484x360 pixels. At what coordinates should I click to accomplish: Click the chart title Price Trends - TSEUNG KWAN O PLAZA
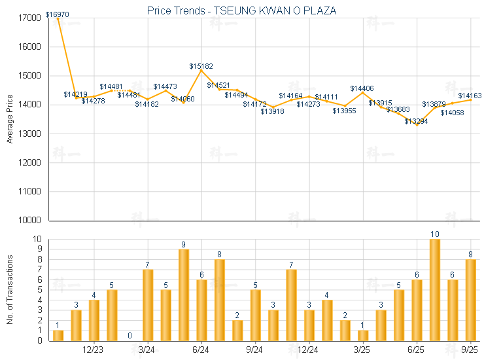pyautogui.click(x=242, y=11)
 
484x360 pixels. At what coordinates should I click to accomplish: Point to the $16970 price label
pyautogui.click(x=58, y=14)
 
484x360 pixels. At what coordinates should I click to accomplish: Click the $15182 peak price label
pyautogui.click(x=201, y=66)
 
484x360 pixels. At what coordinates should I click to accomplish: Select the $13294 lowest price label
pyautogui.click(x=416, y=122)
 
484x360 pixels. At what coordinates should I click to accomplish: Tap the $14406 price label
pyautogui.click(x=362, y=88)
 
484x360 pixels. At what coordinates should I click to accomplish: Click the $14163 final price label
pyautogui.click(x=470, y=96)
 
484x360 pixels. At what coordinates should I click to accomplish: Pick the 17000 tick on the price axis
pyautogui.click(x=31, y=18)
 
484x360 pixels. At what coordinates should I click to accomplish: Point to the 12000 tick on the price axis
pyautogui.click(x=31, y=162)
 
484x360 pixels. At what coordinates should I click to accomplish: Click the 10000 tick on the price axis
pyautogui.click(x=31, y=220)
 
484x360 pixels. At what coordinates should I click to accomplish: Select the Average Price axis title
pyautogui.click(x=10, y=119)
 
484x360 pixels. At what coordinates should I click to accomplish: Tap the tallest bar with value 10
pyautogui.click(x=434, y=290)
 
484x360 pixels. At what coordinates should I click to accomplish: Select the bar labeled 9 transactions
pyautogui.click(x=184, y=295)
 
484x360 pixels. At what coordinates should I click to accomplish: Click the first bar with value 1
pyautogui.click(x=58, y=335)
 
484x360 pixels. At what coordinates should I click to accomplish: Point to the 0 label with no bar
pyautogui.click(x=130, y=336)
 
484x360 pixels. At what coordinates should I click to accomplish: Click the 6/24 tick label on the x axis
pyautogui.click(x=201, y=350)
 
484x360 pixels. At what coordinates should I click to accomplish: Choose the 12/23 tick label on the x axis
pyautogui.click(x=94, y=350)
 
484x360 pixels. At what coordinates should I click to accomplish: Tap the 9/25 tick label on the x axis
pyautogui.click(x=470, y=350)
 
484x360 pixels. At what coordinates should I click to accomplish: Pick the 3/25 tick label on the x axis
pyautogui.click(x=362, y=350)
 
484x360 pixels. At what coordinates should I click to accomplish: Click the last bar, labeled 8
pyautogui.click(x=470, y=300)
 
